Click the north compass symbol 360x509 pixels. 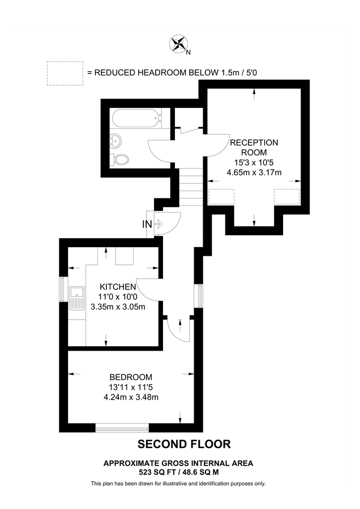pyautogui.click(x=179, y=44)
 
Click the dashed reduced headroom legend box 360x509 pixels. pyautogui.click(x=64, y=73)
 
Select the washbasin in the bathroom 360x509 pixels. pyautogui.click(x=117, y=140)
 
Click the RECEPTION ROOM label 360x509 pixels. pyautogui.click(x=254, y=147)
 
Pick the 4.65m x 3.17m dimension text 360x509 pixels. pyautogui.click(x=254, y=172)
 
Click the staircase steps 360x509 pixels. pyautogui.click(x=191, y=189)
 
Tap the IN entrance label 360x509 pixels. pyautogui.click(x=147, y=224)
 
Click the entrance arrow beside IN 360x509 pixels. pyautogui.click(x=159, y=224)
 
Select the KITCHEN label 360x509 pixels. pyautogui.click(x=118, y=287)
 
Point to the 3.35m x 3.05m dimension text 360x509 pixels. pyautogui.click(x=118, y=307)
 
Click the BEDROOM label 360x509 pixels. pyautogui.click(x=131, y=377)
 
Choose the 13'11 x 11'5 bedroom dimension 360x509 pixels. pyautogui.click(x=131, y=387)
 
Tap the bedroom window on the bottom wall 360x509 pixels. pyautogui.click(x=122, y=428)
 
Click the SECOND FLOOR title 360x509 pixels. pyautogui.click(x=185, y=445)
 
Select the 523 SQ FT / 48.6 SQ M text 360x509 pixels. pyautogui.click(x=178, y=471)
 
